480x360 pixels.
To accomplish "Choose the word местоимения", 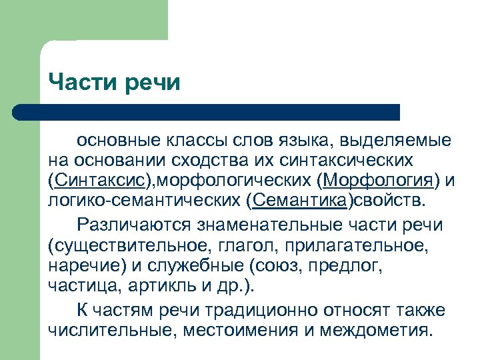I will click(x=238, y=330).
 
